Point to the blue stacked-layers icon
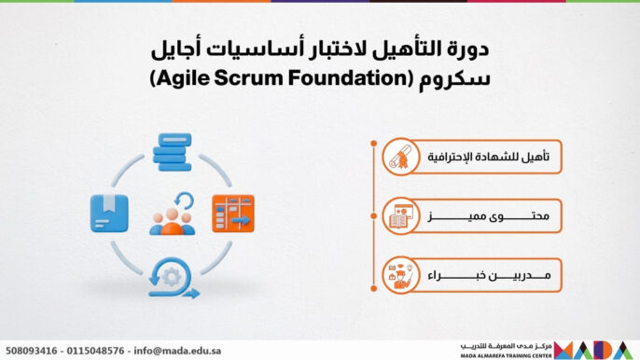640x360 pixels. pos(171,150)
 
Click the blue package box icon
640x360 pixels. pos(104,213)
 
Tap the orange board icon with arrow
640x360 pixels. pos(232,213)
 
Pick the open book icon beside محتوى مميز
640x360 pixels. pos(399,217)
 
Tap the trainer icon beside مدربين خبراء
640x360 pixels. pos(399,275)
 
